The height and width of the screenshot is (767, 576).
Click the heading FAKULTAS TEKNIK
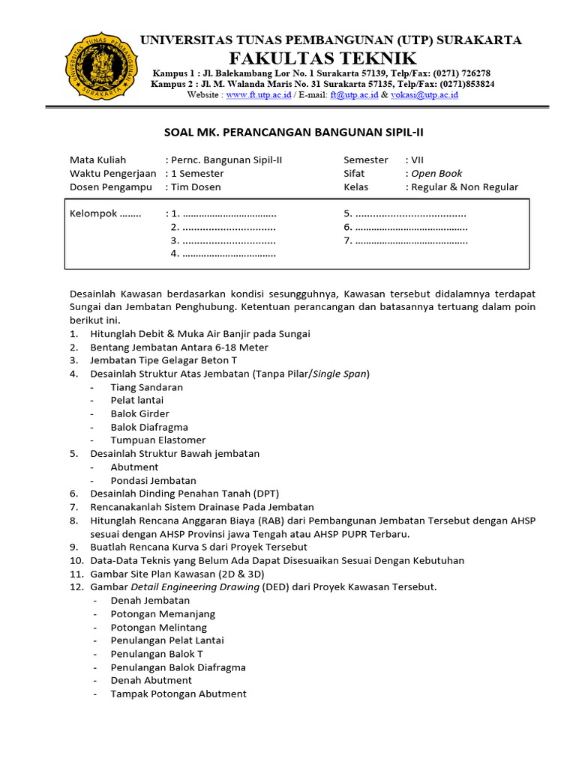pos(333,58)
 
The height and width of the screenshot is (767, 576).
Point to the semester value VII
pos(416,160)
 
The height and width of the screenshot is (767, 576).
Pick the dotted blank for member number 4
pos(229,254)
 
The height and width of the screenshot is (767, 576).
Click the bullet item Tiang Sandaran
pos(146,387)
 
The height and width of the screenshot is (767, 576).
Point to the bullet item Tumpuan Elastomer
pos(157,440)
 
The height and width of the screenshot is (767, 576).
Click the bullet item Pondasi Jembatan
pos(153,480)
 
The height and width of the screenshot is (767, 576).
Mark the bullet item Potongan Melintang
pos(158,627)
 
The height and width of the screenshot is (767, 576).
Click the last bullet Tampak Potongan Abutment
pos(178,694)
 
